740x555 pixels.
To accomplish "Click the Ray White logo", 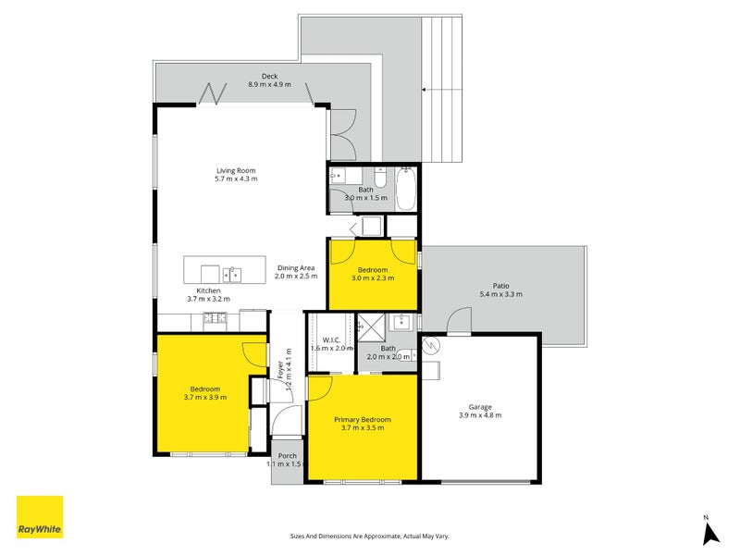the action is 40,517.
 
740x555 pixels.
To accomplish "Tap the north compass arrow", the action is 710,535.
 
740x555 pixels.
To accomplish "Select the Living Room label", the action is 236,170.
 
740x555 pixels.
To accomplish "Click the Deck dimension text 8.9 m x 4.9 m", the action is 269,84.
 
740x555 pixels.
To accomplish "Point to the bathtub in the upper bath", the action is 406,189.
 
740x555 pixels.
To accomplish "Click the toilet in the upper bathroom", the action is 380,177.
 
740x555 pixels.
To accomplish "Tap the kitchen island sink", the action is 232,275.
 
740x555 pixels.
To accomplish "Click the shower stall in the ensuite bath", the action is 371,327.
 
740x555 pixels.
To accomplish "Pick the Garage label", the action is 480,407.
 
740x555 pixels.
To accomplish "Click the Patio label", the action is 500,286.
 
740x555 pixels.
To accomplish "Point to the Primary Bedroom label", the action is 363,420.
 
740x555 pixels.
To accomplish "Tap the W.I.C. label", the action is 331,339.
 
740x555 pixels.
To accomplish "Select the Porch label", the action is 288,455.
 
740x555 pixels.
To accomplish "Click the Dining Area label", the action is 296,267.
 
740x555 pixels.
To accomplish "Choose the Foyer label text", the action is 281,370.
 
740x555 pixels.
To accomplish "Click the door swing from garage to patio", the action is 459,321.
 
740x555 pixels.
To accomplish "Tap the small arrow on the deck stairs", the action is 424,89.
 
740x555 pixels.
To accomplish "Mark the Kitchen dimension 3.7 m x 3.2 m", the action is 209,299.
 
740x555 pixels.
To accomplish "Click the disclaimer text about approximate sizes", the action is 369,536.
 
